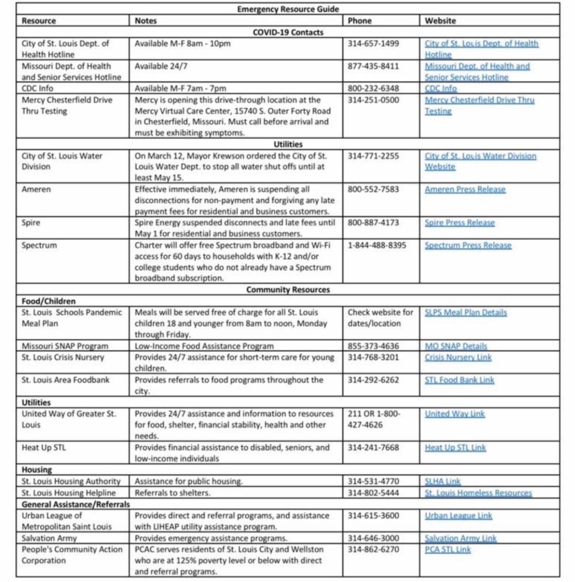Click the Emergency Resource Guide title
point(287,9)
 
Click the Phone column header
point(359,21)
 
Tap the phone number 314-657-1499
point(373,44)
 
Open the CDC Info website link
point(440,88)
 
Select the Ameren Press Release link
point(465,189)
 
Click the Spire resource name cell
point(31,223)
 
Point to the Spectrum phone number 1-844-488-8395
point(377,245)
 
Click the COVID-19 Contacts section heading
point(287,32)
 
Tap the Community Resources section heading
point(287,290)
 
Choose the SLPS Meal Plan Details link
point(465,313)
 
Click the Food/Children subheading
point(48,301)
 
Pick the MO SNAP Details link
point(456,346)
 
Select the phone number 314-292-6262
point(373,380)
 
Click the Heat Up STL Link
point(455,447)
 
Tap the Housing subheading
point(37,470)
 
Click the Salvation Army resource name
point(49,538)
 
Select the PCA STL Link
point(448,549)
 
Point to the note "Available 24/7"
point(161,66)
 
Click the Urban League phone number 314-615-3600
point(373,516)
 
